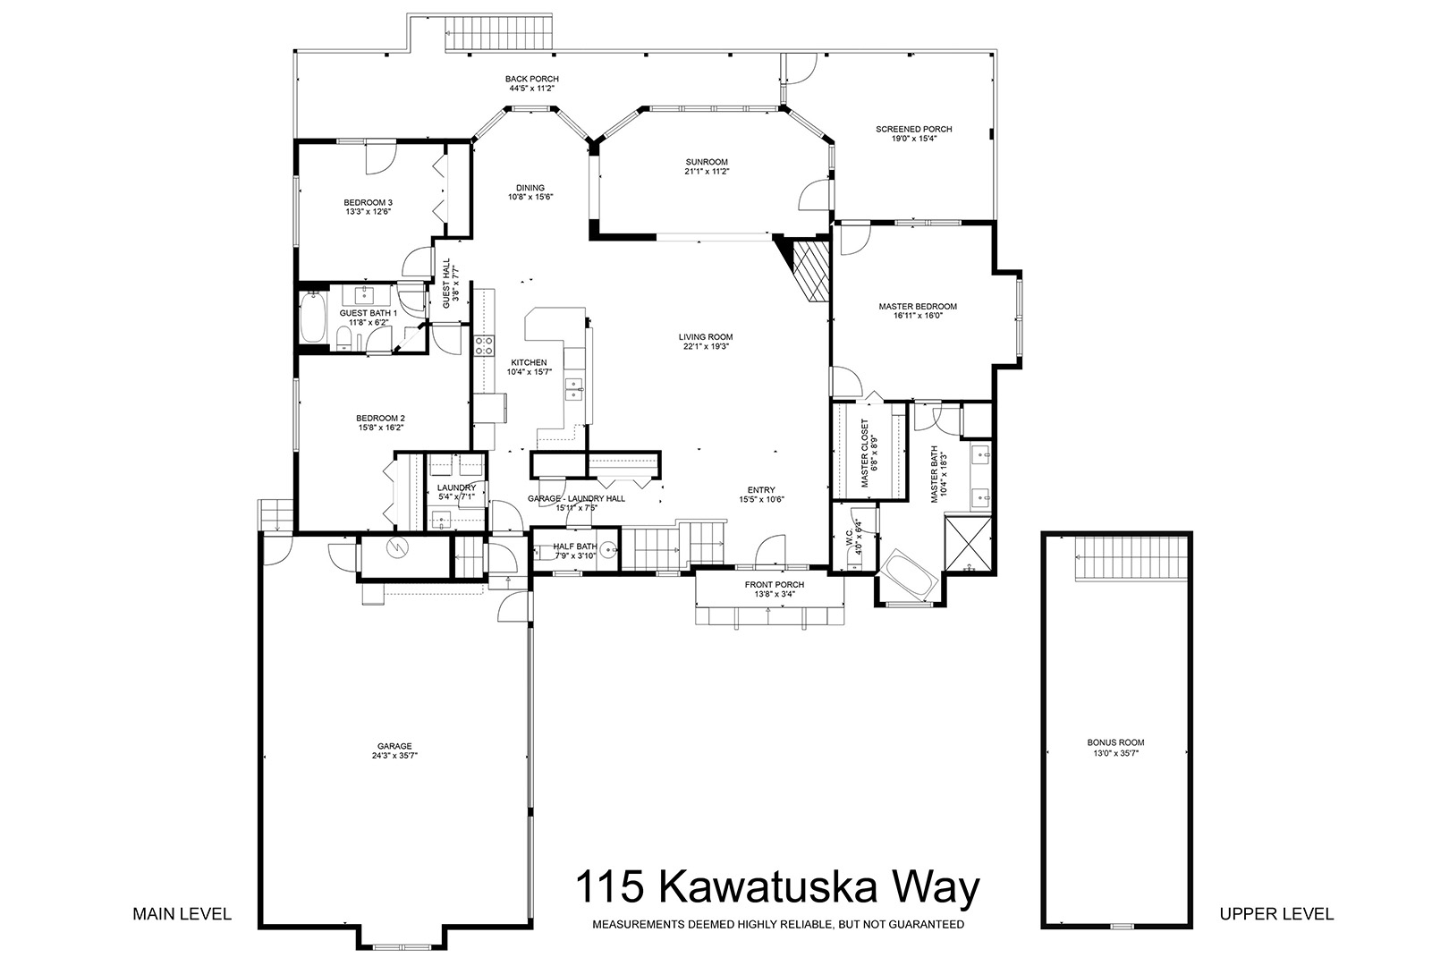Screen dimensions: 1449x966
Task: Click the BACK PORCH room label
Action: [531, 79]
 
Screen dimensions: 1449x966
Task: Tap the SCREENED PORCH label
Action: [913, 129]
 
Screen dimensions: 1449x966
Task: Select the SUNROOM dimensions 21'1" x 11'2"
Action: [707, 172]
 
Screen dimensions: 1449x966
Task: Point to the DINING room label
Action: [530, 189]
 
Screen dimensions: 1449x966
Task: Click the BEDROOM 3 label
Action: [369, 202]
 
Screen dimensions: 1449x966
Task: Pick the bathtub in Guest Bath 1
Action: [313, 317]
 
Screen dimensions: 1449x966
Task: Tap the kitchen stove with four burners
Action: [484, 345]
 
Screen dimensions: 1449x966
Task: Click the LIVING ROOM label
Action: [706, 336]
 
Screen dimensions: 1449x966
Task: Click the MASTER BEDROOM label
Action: [918, 306]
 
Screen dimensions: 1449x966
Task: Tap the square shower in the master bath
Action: [968, 544]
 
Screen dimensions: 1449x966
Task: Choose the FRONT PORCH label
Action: [775, 585]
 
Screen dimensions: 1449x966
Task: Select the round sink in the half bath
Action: [608, 551]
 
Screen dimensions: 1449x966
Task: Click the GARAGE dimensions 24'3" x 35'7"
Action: [394, 755]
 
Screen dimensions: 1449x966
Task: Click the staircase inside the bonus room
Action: [1131, 558]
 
